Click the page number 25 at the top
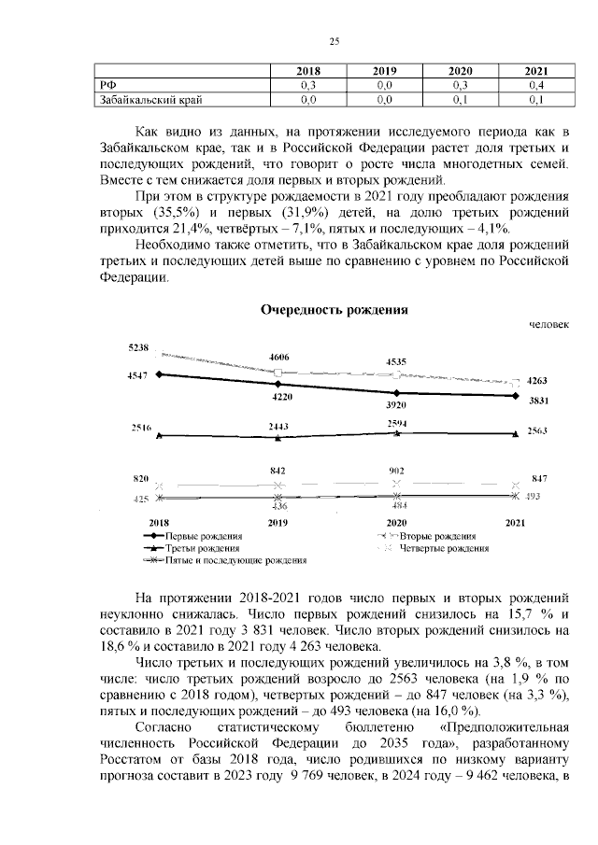tap(334, 39)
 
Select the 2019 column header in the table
tap(384, 71)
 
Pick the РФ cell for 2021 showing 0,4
tap(536, 84)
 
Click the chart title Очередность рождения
tap(335, 308)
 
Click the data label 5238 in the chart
tap(139, 347)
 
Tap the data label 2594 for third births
tap(396, 423)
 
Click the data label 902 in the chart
tap(396, 472)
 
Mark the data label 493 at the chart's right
tap(536, 497)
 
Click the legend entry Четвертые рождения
tap(445, 549)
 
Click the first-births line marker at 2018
tap(160, 374)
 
